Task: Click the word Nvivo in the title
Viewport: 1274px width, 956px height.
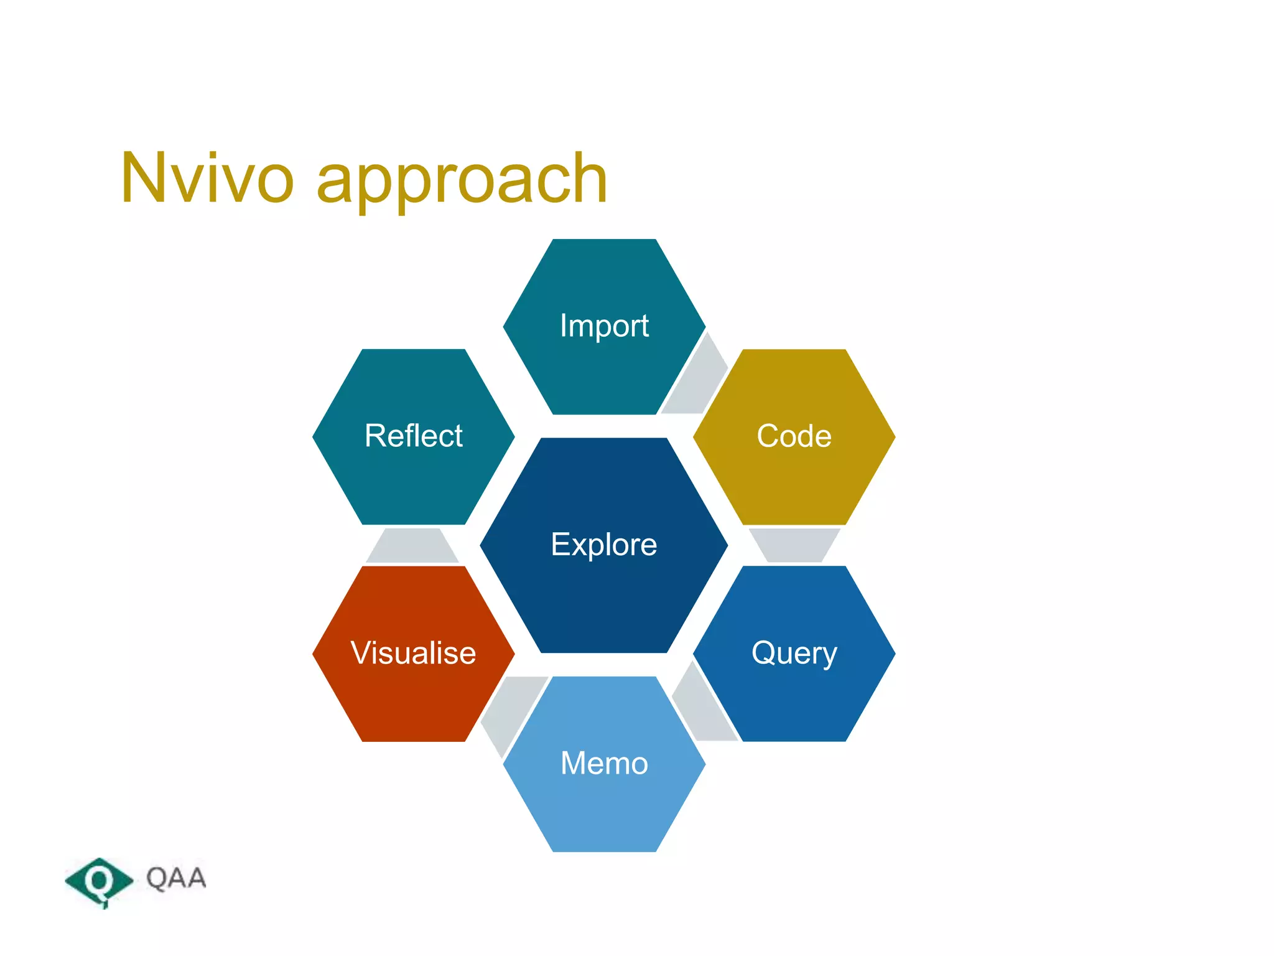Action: click(207, 179)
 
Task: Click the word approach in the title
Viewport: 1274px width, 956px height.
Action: click(462, 182)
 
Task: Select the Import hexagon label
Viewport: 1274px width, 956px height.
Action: click(604, 326)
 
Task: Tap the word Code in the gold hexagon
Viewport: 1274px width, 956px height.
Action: click(794, 436)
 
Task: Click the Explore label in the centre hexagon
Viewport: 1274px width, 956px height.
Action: click(603, 545)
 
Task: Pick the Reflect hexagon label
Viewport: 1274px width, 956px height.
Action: click(413, 436)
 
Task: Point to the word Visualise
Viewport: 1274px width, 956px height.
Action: click(413, 654)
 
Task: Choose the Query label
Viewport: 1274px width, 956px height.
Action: click(794, 654)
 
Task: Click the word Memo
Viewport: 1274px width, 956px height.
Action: click(604, 763)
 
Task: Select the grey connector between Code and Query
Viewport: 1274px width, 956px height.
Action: click(794, 545)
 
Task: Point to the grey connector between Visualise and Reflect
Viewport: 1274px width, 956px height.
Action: click(412, 546)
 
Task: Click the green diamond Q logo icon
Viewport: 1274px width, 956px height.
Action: click(99, 881)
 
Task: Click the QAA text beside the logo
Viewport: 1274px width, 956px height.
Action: click(176, 878)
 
